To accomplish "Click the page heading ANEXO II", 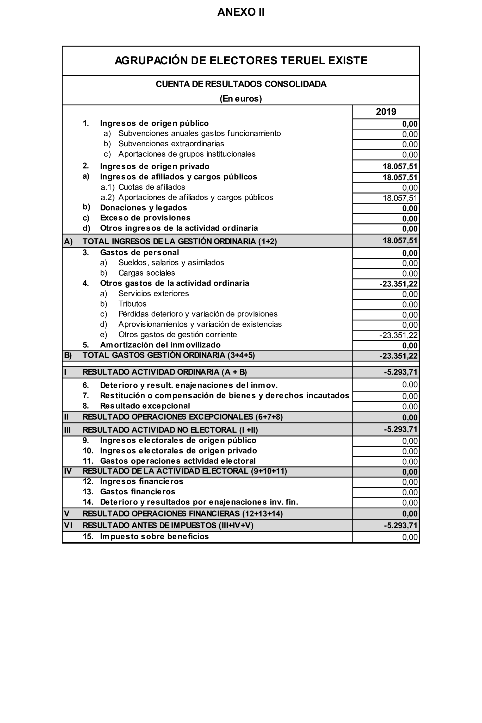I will coord(241,12).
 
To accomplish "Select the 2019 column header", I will coord(386,112).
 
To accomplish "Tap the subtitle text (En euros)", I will coord(241,99).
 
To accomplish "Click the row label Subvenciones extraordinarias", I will coord(171,144).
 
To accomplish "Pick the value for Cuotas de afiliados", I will coord(410,188).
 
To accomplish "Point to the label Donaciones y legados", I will coord(143,208).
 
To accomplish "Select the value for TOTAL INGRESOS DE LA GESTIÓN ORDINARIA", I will coord(400,241).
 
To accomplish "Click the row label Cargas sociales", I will coord(146,273).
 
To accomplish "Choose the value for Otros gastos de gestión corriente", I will coord(398,335).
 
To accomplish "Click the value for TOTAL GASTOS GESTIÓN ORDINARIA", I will coord(398,356).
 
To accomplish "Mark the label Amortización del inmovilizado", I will coord(160,345).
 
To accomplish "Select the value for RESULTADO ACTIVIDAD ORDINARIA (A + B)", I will coord(400,372).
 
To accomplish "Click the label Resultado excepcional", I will coord(145,406).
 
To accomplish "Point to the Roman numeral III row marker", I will coord(67,430).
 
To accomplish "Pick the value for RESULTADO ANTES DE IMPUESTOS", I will coord(400,525).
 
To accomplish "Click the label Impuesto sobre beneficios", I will coord(154,537).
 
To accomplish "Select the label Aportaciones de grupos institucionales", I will coord(187,154).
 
